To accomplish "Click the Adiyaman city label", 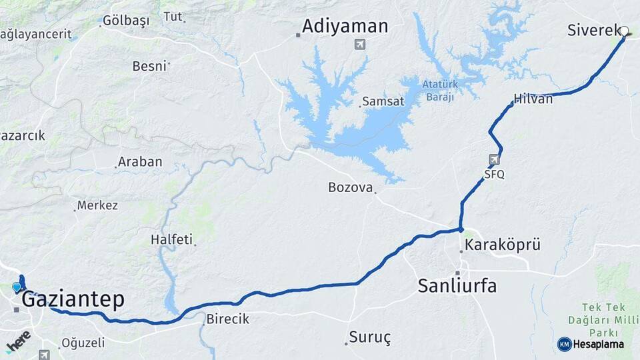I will click(345, 26).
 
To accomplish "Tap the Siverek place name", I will click(593, 30).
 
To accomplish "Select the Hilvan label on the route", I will click(533, 99).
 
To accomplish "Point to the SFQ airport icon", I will click(494, 160).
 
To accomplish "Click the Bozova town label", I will click(350, 187).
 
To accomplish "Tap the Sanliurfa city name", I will click(457, 286).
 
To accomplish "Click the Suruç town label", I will click(370, 337).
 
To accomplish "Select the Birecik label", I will click(227, 319).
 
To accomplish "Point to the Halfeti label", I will click(171, 239).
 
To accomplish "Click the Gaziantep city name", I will click(73, 299).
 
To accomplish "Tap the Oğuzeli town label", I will click(83, 343).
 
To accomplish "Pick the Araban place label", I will click(139, 161).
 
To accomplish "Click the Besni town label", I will click(149, 66).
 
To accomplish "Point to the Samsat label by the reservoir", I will click(383, 102).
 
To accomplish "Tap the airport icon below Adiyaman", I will click(360, 45).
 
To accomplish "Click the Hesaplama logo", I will click(591, 344).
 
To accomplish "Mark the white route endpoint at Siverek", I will click(625, 31).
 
